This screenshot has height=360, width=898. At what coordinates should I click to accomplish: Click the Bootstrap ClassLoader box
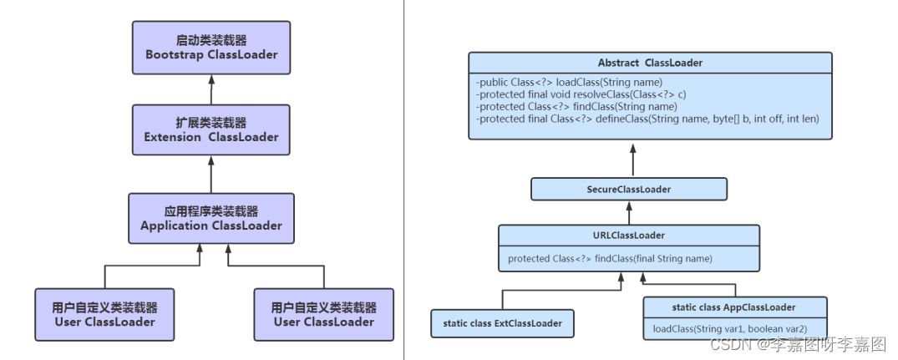coord(211,48)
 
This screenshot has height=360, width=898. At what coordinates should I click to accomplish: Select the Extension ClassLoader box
coord(211,130)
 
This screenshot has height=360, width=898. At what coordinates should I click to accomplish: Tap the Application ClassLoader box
coord(211,219)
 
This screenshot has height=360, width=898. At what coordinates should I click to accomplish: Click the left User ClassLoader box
coord(104,315)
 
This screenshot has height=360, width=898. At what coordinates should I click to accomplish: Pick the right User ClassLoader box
coord(324,315)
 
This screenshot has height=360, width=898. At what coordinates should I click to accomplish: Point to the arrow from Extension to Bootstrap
coord(211,89)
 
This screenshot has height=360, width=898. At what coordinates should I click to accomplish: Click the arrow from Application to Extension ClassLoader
coord(211,175)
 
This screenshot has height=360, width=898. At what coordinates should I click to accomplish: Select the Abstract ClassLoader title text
coord(650,63)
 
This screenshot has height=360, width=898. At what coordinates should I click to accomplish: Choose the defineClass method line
coord(647,119)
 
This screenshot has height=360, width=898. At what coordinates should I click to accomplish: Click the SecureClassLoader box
coord(629,189)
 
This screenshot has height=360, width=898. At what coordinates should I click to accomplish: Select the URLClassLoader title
coord(629,236)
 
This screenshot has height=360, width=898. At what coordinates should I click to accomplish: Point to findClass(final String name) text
coord(610,259)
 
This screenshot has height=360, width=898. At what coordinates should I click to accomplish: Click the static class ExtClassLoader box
coord(502,323)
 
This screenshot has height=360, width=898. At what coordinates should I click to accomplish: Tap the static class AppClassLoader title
coord(733,307)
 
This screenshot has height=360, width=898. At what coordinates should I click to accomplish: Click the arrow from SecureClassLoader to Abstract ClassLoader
coord(633,160)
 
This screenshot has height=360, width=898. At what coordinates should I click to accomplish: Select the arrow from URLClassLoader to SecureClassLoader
coord(629,212)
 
